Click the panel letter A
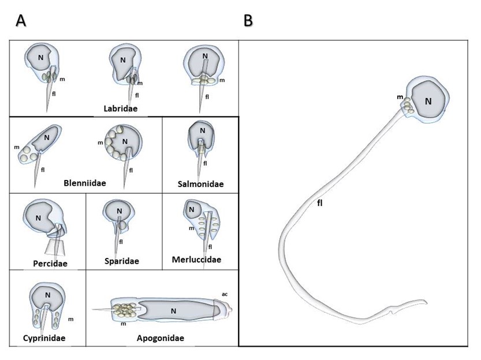(21, 21)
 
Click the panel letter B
(248, 21)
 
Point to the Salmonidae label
(200, 184)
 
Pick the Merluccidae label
(196, 259)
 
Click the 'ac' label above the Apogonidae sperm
(225, 294)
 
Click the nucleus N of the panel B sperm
(428, 101)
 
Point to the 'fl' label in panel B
(319, 203)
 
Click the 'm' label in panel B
(400, 97)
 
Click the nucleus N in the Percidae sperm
(39, 217)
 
